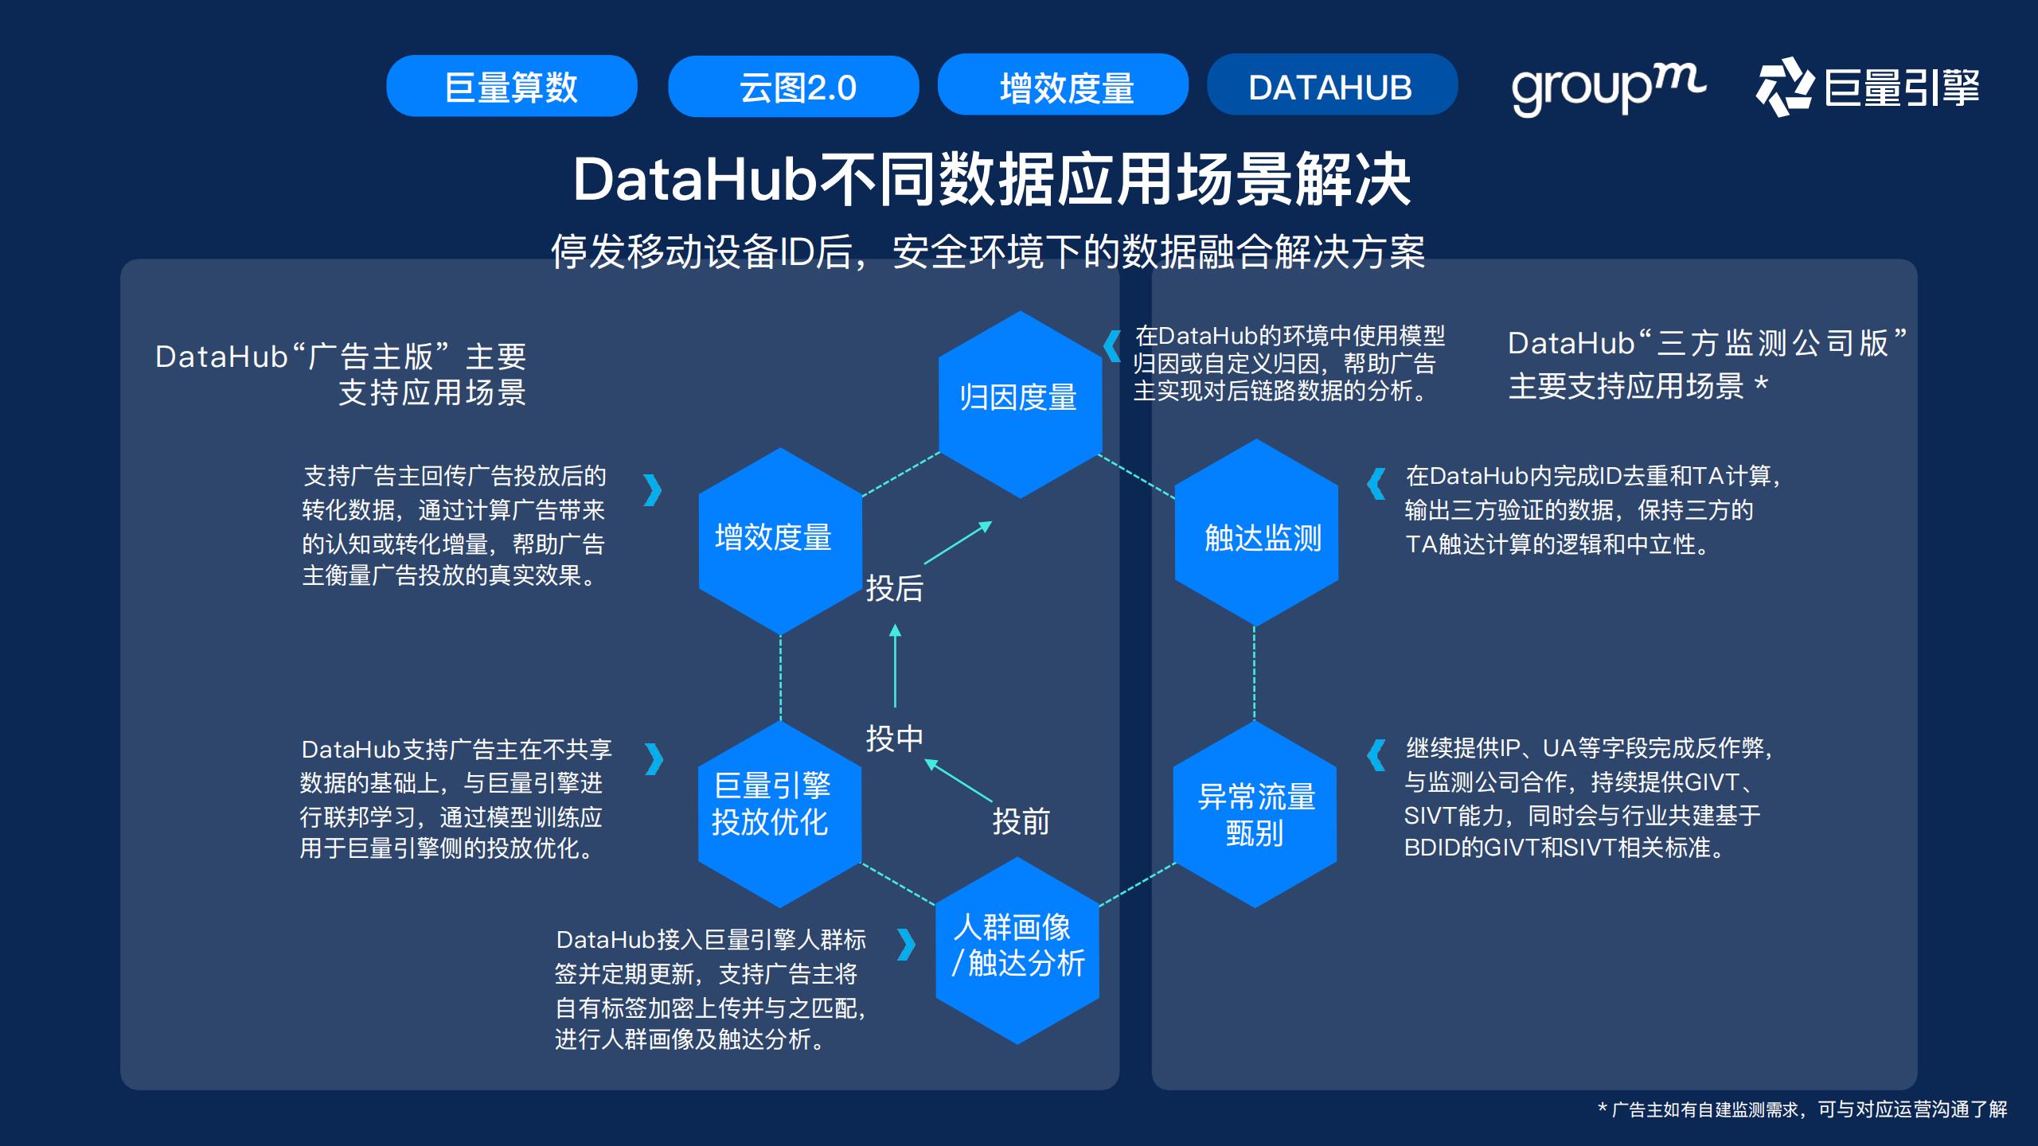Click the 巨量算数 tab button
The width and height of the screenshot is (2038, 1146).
(x=511, y=86)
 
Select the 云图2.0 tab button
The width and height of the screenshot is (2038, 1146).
(x=793, y=86)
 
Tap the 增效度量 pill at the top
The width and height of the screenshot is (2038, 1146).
(x=1063, y=85)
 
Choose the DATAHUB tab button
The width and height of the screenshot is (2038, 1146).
(x=1332, y=85)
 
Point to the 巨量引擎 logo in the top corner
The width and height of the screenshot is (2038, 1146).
(x=1868, y=87)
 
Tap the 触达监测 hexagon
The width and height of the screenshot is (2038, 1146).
(x=1256, y=533)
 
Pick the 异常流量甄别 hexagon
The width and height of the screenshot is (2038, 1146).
(x=1255, y=814)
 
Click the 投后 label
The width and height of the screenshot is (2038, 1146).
(x=894, y=589)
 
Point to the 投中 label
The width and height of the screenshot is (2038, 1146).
(x=894, y=739)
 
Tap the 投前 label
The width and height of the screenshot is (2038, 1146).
(x=1021, y=821)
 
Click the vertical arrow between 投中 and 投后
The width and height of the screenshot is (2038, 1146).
(x=895, y=667)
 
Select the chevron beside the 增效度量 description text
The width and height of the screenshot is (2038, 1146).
(x=652, y=490)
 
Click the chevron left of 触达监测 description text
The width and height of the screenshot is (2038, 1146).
(x=1376, y=483)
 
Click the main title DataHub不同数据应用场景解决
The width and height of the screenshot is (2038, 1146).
(x=991, y=180)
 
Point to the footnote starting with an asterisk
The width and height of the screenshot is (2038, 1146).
(x=1802, y=1109)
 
